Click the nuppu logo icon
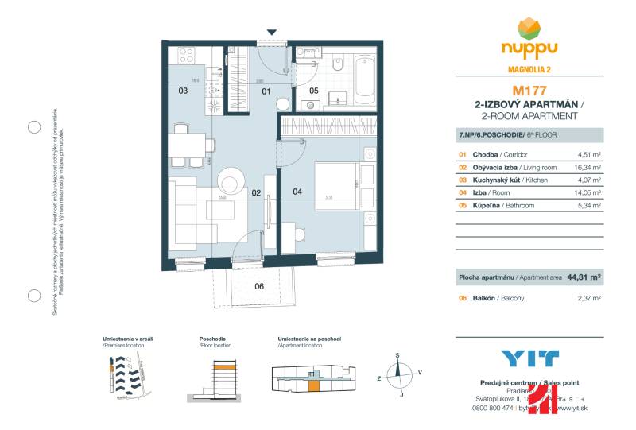pos(528,29)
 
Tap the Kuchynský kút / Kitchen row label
pos(498,180)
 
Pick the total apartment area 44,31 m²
pos(584,278)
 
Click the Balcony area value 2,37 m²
pos(588,298)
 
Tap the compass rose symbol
pos(399,373)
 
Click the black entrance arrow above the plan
pos(272,33)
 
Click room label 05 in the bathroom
pos(313,91)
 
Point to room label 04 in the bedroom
pos(297,191)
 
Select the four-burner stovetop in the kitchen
pos(186,55)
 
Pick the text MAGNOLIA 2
pos(528,68)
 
